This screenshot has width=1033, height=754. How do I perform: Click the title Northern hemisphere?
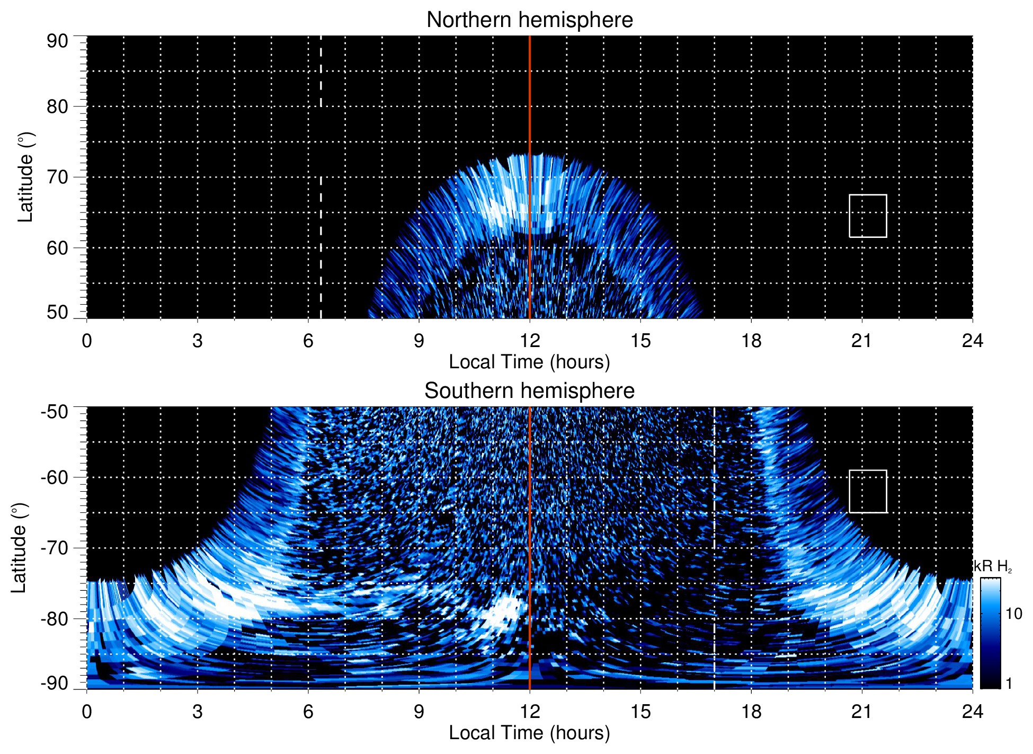coord(529,20)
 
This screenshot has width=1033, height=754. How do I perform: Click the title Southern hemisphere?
coord(529,391)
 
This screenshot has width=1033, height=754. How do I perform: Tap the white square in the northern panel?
coord(868,216)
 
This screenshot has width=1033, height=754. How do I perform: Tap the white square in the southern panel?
coord(868,491)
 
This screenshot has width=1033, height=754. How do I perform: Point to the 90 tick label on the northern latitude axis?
coord(57,41)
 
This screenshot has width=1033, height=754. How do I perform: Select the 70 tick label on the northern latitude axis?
coord(57,177)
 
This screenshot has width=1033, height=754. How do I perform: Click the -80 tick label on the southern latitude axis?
coord(54,618)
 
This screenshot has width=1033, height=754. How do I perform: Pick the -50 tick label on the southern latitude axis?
coord(54,411)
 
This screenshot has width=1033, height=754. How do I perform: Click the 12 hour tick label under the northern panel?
coord(529,341)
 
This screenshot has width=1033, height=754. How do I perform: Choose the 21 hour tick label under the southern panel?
coord(861,712)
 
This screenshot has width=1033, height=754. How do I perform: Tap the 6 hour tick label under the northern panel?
coord(308,341)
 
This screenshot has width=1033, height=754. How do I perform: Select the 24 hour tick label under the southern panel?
coord(972,712)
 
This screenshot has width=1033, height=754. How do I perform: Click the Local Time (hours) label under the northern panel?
coord(529,362)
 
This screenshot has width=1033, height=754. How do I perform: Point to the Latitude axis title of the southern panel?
coord(19,548)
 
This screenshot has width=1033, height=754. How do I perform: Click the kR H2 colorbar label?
coord(993,566)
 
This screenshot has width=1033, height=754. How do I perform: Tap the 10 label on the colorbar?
coord(1013,614)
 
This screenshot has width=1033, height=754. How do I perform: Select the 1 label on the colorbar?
coord(1009,684)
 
